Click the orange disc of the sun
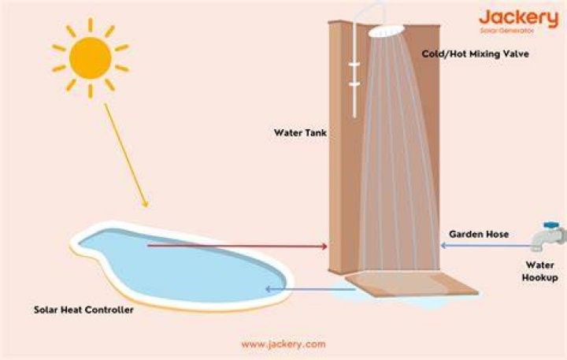pyautogui.click(x=90, y=58)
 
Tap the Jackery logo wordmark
pyautogui.click(x=519, y=18)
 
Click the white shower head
pyautogui.click(x=386, y=31)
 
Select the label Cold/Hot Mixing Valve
pyautogui.click(x=475, y=54)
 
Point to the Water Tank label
pyautogui.click(x=300, y=133)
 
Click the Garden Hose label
pyautogui.click(x=479, y=234)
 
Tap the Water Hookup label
pyautogui.click(x=540, y=271)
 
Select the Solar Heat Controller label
pyautogui.click(x=83, y=310)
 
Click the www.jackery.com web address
pyautogui.click(x=283, y=344)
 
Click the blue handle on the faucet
pyautogui.click(x=552, y=225)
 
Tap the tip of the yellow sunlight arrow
pyautogui.click(x=147, y=207)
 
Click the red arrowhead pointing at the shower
pyautogui.click(x=324, y=247)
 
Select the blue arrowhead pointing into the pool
pyautogui.click(x=268, y=289)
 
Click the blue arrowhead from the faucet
pyautogui.click(x=443, y=246)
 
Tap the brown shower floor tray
pyautogui.click(x=412, y=284)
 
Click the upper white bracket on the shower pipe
pyautogui.click(x=354, y=65)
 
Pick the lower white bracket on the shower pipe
pyautogui.click(x=354, y=84)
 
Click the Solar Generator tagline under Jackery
pyautogui.click(x=507, y=31)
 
